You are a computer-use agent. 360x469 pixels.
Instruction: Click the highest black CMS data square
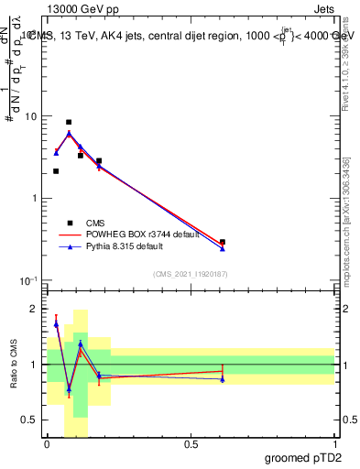(x=69, y=122)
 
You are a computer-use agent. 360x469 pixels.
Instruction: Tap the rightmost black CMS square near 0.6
(x=223, y=242)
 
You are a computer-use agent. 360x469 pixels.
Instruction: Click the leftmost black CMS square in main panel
(x=56, y=171)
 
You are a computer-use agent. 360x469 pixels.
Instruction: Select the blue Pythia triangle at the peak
(x=69, y=133)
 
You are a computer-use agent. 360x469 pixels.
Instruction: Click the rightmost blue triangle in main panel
(x=223, y=248)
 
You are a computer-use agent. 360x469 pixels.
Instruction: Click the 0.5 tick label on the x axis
(x=191, y=444)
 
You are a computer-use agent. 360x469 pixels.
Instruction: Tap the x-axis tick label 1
(x=335, y=444)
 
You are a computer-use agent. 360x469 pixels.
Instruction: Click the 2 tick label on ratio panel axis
(x=36, y=310)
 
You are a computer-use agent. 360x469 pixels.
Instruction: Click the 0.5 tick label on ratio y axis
(x=32, y=420)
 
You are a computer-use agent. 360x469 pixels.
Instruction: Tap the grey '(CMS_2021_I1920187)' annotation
(x=191, y=274)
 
